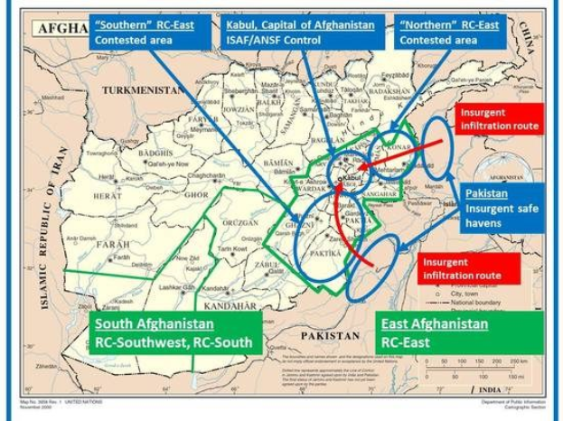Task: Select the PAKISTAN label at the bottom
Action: coord(330,334)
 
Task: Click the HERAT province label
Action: coord(106,195)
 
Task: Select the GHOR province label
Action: coord(196,194)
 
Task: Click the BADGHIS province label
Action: coord(155,154)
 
